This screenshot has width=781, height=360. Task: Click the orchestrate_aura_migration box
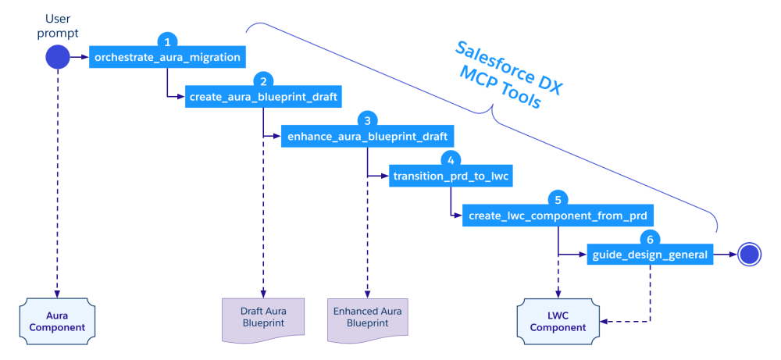(167, 57)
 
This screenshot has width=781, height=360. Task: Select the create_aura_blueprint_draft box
(263, 97)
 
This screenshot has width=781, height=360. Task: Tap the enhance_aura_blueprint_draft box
(367, 136)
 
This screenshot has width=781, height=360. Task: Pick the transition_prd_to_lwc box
(451, 176)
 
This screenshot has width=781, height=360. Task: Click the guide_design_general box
(650, 254)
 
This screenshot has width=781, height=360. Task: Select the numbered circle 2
(263, 80)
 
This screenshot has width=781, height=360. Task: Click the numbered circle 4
(450, 159)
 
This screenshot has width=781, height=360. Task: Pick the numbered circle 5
(556, 198)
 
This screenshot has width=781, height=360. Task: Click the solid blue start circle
(57, 57)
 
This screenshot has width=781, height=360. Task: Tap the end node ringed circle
(750, 254)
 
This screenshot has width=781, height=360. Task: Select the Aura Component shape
(57, 320)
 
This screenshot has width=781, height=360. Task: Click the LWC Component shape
(557, 320)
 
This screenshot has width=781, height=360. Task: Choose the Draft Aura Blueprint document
(263, 319)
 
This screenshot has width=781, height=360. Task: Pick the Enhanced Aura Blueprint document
(367, 319)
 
